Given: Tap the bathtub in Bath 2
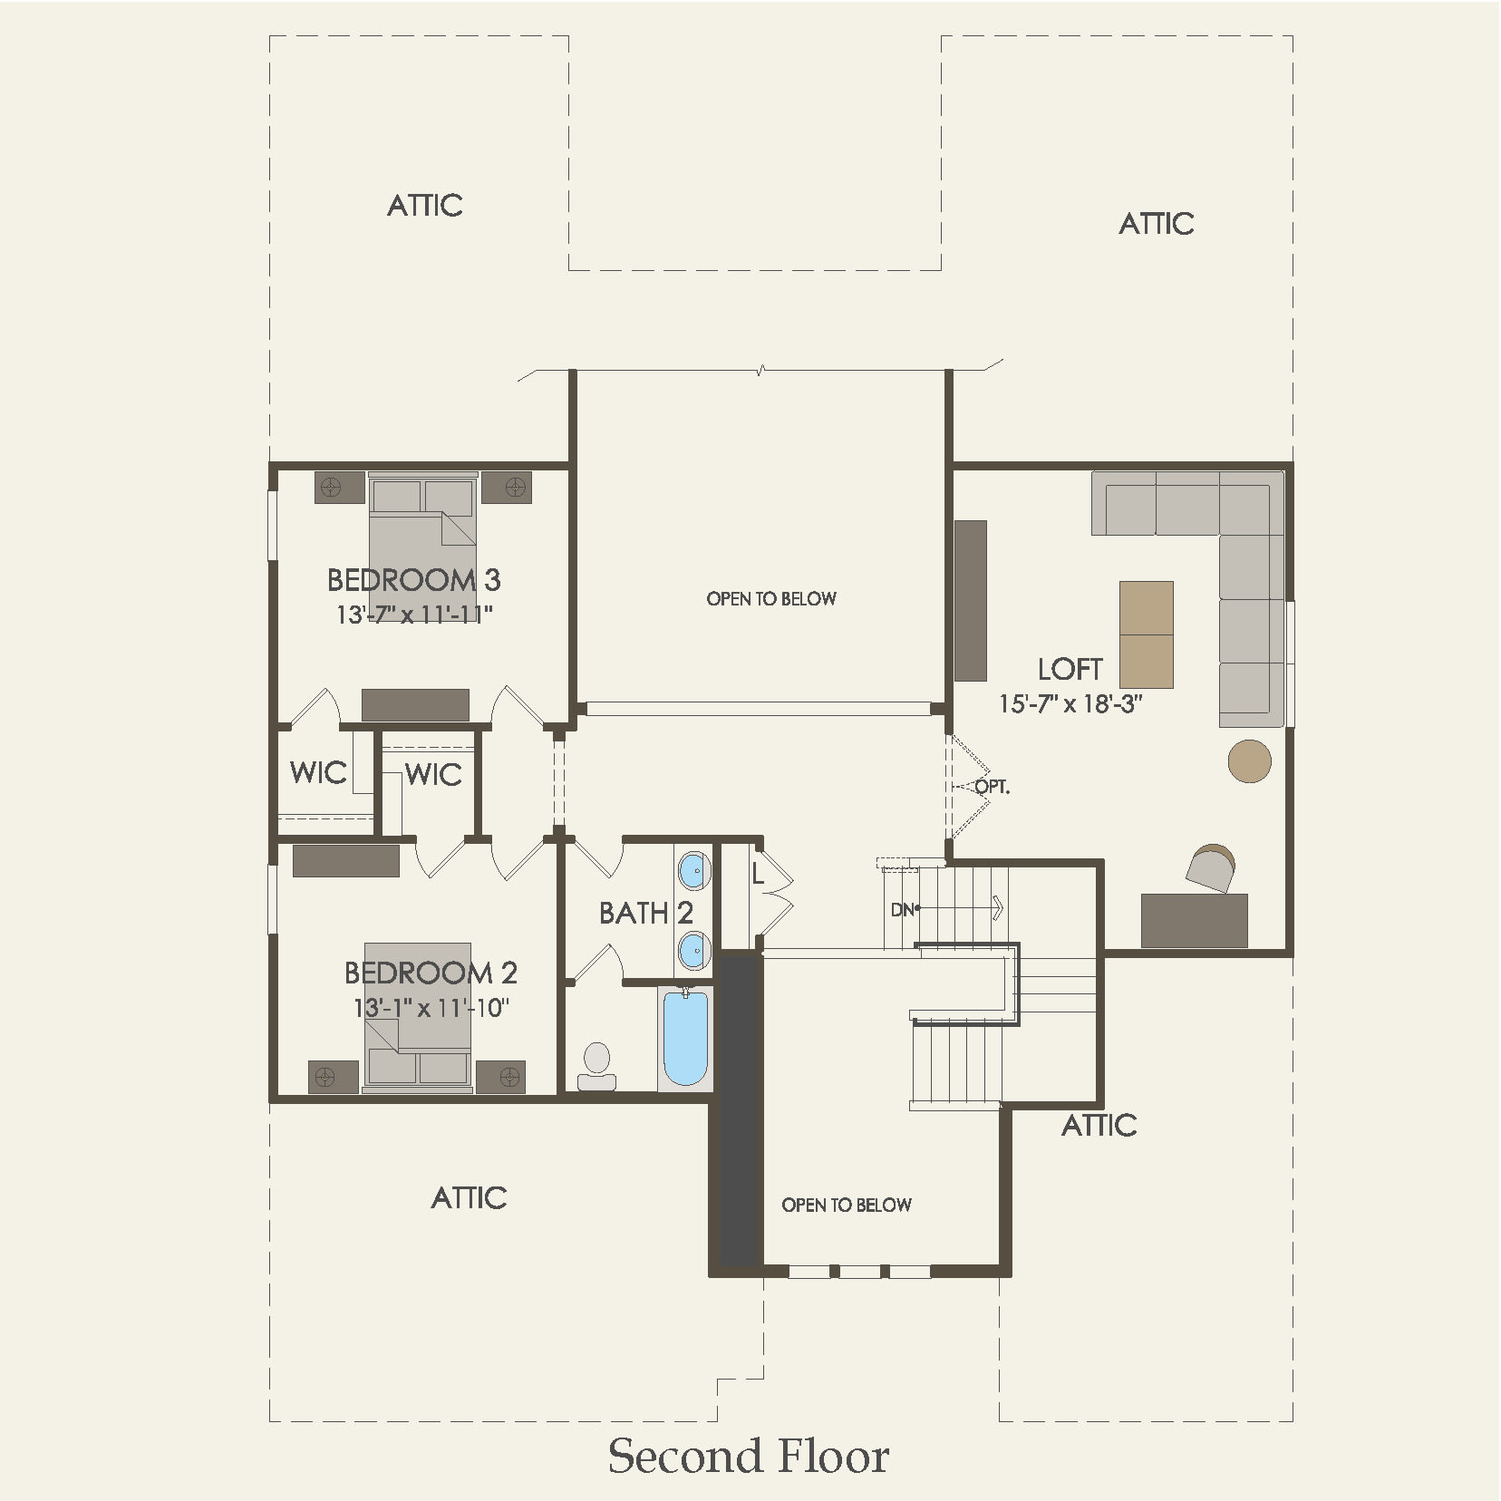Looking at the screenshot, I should point(685,1038).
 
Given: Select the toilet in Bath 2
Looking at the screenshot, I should point(597,1066).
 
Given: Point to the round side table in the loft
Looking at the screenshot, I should point(1249,760).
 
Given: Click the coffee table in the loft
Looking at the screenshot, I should point(1147,634).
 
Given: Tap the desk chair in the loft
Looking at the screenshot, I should point(1211,867).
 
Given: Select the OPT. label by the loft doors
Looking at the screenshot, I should point(993,787).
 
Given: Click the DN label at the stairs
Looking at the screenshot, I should point(902,909).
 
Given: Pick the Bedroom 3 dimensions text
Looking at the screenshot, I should point(414,615).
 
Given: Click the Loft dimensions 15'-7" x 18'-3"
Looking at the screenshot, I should point(1070,703).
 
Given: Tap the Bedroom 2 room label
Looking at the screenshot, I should point(431,973).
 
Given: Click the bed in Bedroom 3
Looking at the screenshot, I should point(422,535).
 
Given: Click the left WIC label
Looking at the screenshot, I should point(318,773).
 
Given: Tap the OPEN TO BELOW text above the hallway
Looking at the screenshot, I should point(771,598).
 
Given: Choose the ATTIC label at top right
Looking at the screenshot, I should point(1156,224).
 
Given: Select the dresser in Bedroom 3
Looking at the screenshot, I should point(415,704).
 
